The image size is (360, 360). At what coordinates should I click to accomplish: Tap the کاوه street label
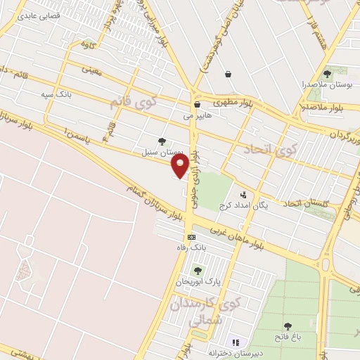[87, 45]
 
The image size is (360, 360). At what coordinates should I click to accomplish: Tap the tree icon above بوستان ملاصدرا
[326, 72]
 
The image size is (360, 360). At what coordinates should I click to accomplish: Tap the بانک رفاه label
[191, 248]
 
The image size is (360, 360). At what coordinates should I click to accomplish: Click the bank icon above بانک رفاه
[191, 238]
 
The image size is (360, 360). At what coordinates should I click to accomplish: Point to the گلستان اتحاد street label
[307, 203]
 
